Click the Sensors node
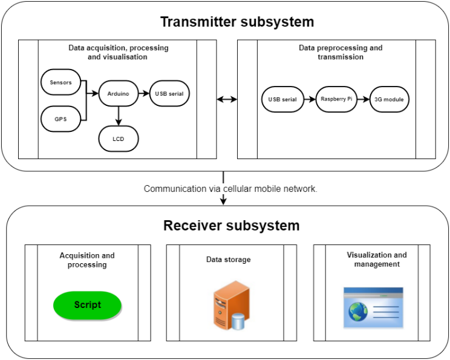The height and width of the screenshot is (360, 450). tap(60, 82)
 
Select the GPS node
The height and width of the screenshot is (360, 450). tap(60, 119)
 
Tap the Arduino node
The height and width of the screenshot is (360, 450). tap(118, 94)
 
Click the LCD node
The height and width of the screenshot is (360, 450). tap(118, 139)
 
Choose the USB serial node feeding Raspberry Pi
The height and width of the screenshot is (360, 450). tap(282, 99)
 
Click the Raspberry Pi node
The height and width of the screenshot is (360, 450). tap(336, 99)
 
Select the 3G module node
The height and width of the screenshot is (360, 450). tap(390, 99)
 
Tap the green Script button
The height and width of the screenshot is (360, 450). tap(88, 305)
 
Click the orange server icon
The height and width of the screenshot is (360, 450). tap(230, 306)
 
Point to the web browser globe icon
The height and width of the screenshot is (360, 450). tap(357, 312)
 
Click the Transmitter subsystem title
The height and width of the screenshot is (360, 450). tap(237, 22)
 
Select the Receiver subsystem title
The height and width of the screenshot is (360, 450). tap(231, 226)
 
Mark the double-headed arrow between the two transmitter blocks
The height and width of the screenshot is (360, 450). tap(227, 99)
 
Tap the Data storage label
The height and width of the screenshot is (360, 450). tap(228, 260)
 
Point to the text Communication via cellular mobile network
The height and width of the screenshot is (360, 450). tap(230, 189)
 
